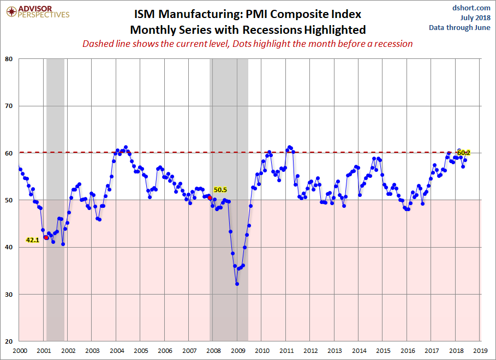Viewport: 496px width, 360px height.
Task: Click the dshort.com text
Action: point(471,8)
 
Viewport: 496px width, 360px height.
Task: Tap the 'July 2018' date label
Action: point(475,17)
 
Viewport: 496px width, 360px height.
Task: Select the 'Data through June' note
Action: point(459,27)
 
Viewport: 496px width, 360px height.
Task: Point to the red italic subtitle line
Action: point(248,44)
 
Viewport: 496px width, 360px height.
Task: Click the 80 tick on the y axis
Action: point(9,59)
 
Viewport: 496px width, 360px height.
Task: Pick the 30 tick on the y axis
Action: point(9,295)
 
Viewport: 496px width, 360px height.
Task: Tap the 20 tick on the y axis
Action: point(9,341)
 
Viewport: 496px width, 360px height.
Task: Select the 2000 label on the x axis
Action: point(20,351)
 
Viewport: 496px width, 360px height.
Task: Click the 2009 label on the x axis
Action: point(238,351)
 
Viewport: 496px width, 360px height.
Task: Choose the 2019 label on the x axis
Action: point(480,351)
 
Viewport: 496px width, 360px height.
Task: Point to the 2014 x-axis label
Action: point(359,351)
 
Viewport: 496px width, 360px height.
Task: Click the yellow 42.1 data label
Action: point(33,240)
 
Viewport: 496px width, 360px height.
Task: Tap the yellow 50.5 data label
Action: point(220,190)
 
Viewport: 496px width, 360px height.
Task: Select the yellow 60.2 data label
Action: point(464,153)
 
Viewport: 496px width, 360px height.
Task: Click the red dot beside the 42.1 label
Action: point(46,238)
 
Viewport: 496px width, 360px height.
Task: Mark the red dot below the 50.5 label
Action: point(210,197)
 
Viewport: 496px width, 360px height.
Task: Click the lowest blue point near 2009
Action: point(237,284)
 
